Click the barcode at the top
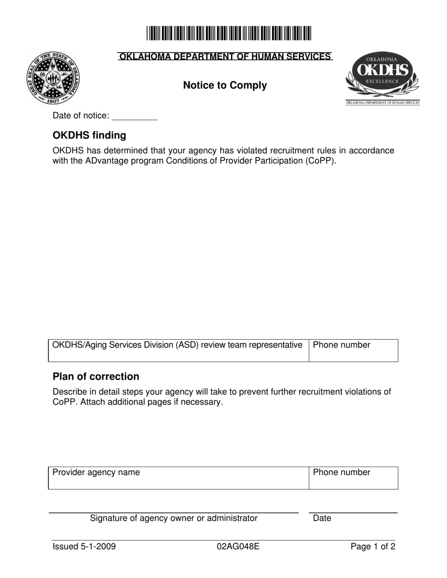click(x=229, y=33)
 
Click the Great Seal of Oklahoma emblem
click(x=53, y=78)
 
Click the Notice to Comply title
click(x=225, y=86)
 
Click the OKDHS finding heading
click(x=89, y=135)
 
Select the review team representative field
click(x=178, y=351)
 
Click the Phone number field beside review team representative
click(x=353, y=351)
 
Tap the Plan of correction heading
click(x=96, y=376)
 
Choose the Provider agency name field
click(x=178, y=478)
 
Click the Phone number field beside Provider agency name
click(x=353, y=478)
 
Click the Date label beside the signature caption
click(x=322, y=518)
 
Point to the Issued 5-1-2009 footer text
click(x=84, y=547)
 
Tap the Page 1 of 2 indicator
click(x=373, y=547)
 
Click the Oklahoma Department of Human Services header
click(x=225, y=57)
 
